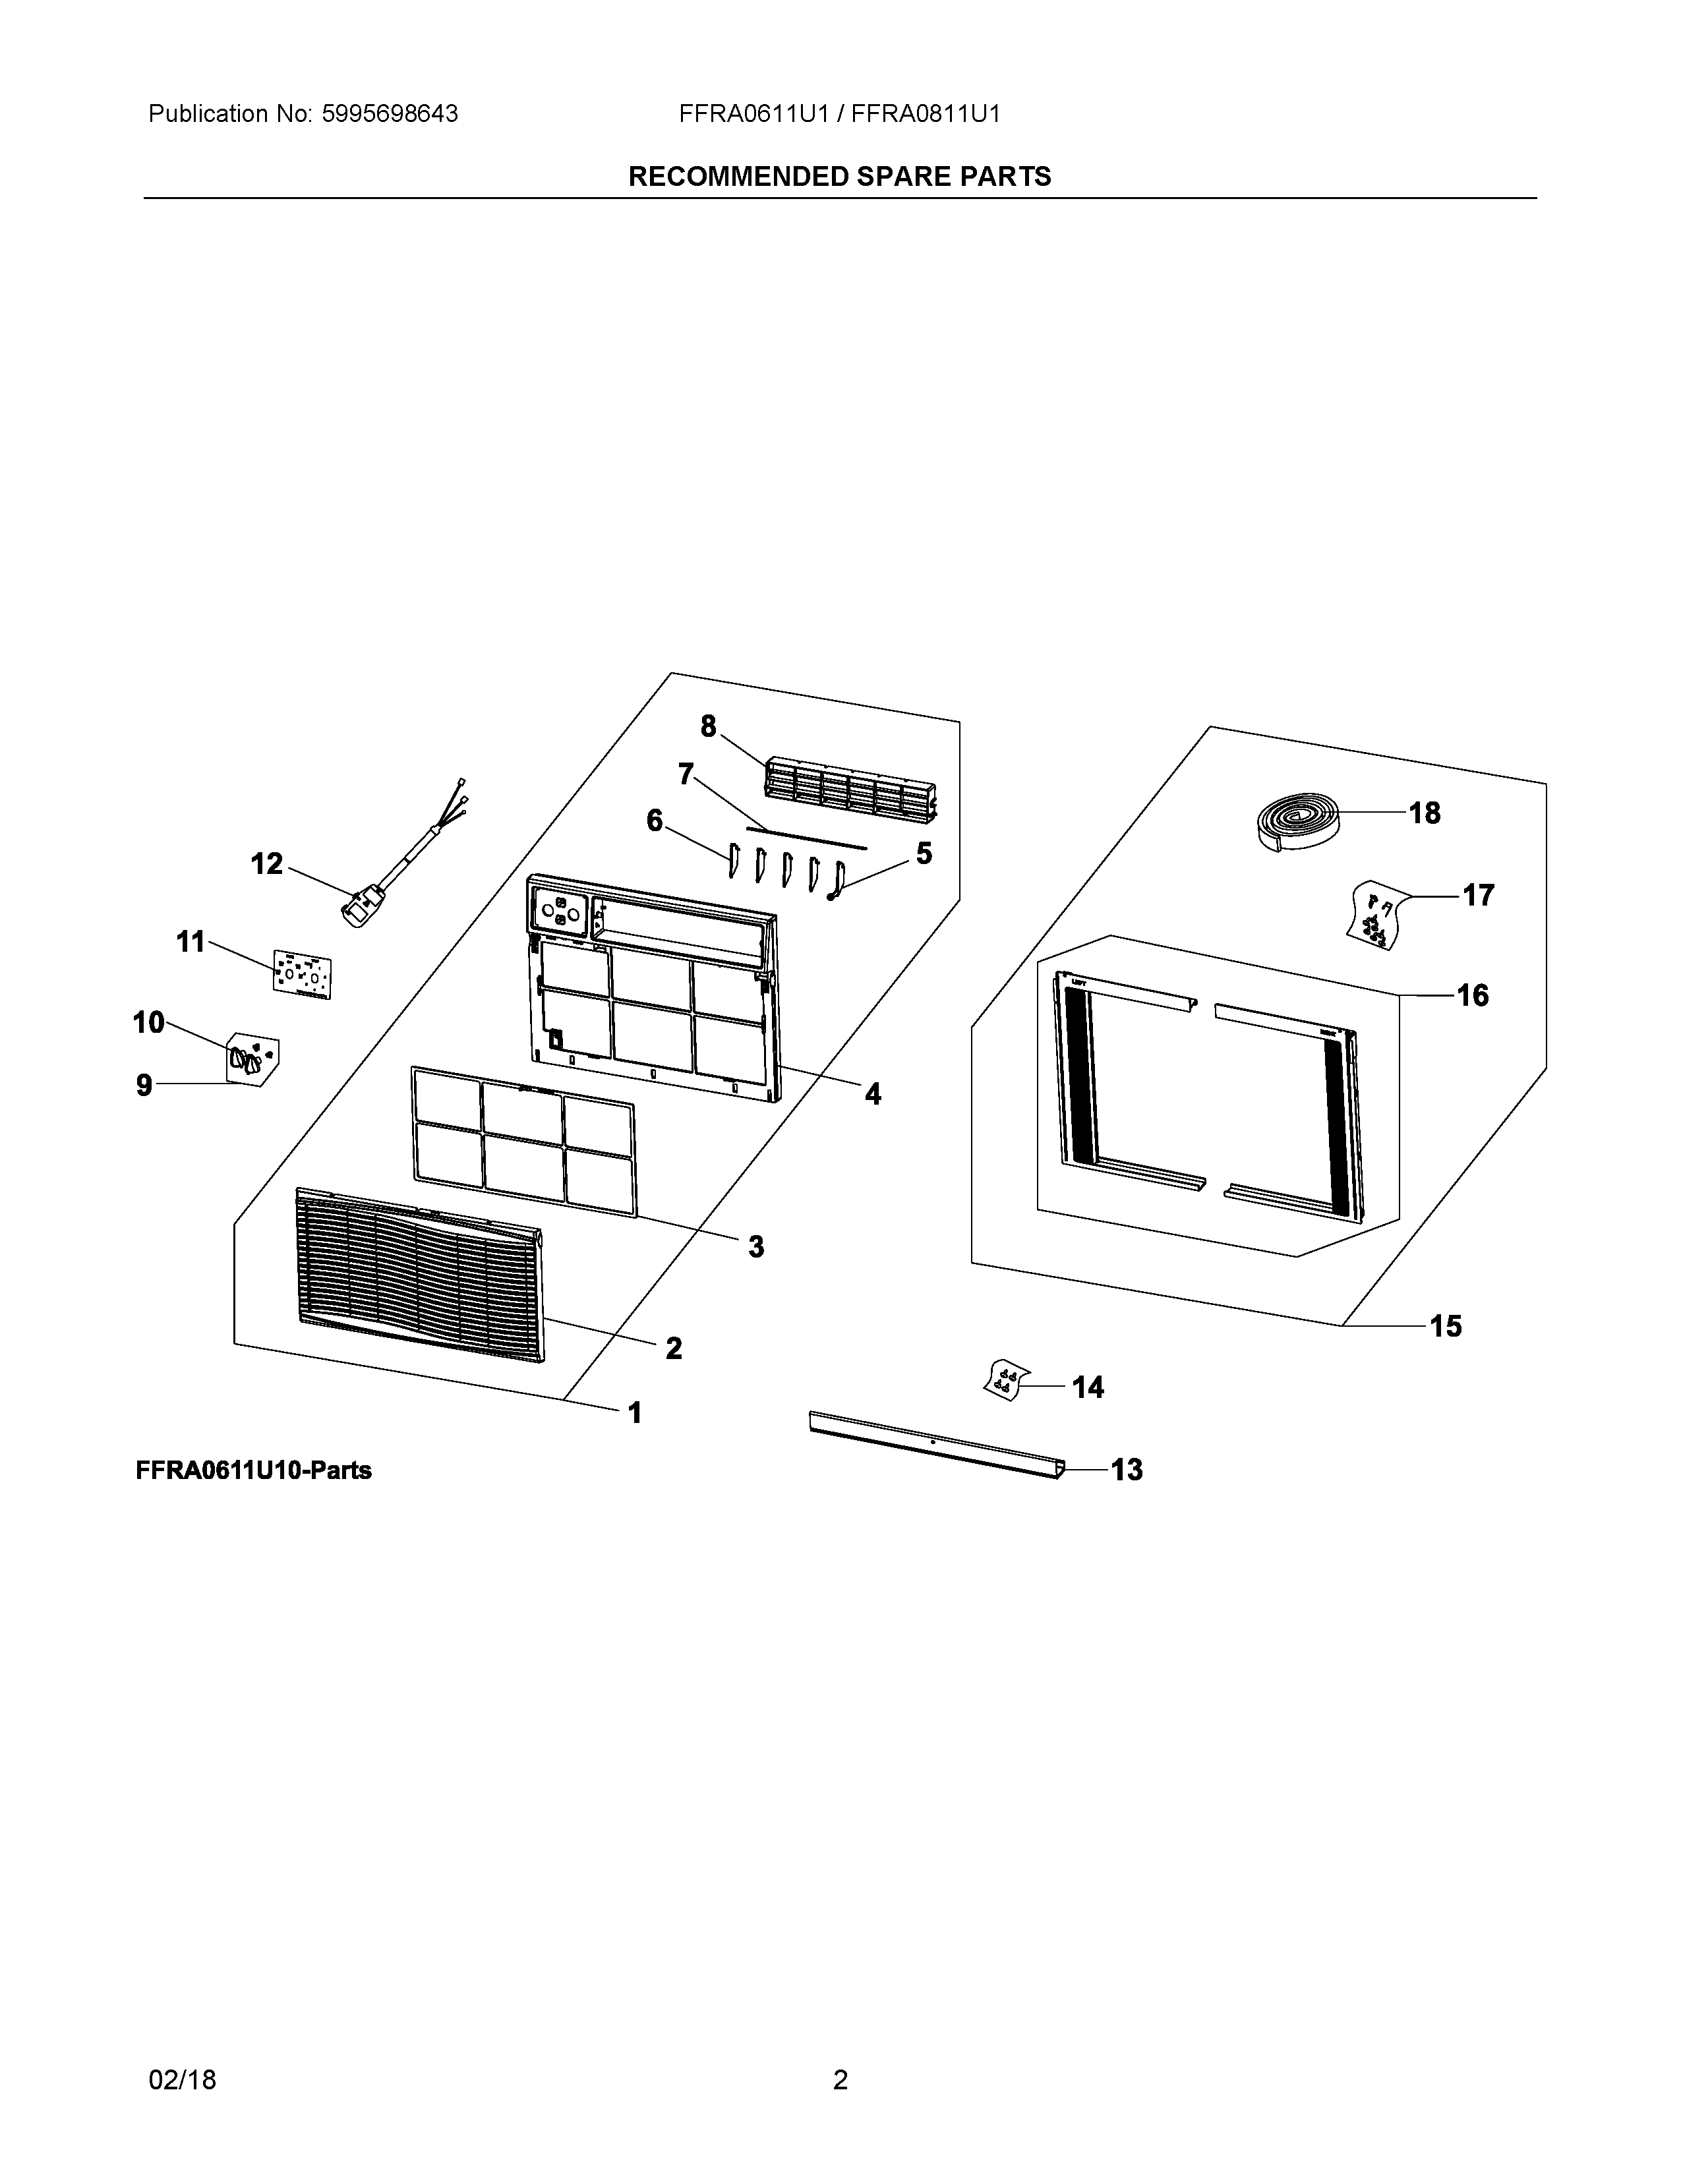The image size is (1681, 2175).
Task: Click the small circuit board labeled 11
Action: coord(302,973)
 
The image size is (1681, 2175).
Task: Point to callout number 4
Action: coord(872,1095)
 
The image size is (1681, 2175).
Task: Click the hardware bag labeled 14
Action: coord(1004,1379)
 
